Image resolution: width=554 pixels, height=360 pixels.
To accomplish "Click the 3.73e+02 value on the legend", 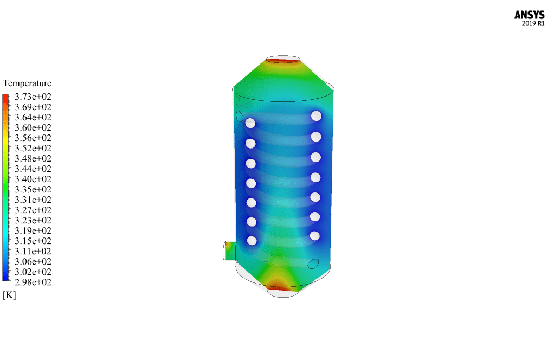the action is [x=33, y=97].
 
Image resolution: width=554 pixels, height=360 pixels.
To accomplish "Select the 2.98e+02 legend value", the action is [x=33, y=282].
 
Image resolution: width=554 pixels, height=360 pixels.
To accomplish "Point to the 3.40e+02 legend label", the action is [x=33, y=179].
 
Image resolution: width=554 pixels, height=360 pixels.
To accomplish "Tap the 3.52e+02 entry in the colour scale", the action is [x=33, y=149].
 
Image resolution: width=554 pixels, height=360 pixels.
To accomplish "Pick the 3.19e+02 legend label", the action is [x=33, y=231].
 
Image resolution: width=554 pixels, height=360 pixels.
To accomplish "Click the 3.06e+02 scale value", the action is [x=33, y=262].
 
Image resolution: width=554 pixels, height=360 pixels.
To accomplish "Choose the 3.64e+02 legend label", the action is [x=33, y=117].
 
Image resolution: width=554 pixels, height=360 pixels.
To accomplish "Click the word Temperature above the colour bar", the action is [x=27, y=83].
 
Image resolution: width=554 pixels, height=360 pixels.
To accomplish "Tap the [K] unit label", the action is [x=9, y=295].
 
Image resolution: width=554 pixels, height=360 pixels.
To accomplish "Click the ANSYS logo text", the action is [x=529, y=15].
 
